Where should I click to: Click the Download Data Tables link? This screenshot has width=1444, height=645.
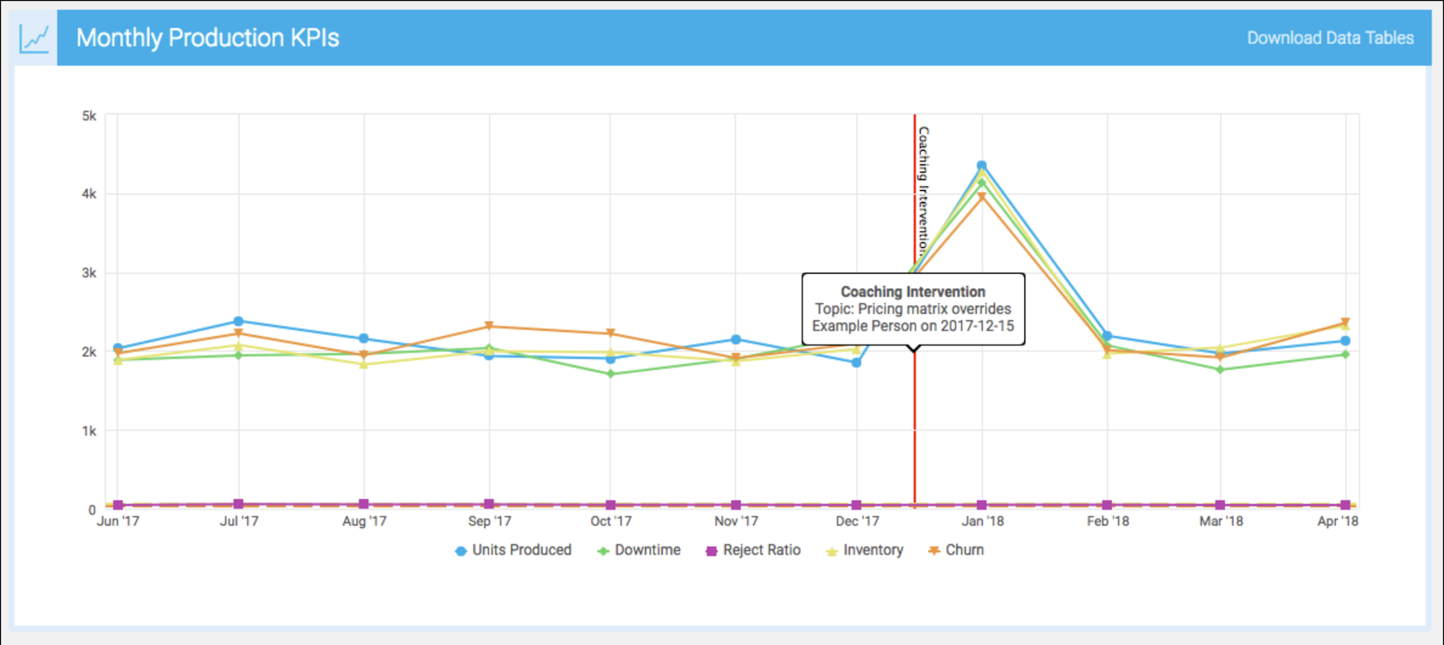click(x=1329, y=38)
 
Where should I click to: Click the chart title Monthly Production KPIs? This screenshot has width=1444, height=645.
click(x=207, y=38)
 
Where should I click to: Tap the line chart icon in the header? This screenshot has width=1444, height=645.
click(x=35, y=38)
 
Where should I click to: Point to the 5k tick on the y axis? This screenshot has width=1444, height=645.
click(x=89, y=116)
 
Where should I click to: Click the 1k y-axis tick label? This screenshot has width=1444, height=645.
click(x=89, y=431)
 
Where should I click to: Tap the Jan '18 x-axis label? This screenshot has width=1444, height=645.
click(x=983, y=521)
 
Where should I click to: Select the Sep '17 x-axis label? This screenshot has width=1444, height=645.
click(x=489, y=521)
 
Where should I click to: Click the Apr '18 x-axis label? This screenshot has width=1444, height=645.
click(x=1337, y=521)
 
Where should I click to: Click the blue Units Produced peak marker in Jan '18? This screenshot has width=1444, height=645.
click(x=981, y=166)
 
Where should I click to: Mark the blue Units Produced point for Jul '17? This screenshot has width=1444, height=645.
click(x=238, y=321)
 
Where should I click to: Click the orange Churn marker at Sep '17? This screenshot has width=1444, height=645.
click(x=489, y=327)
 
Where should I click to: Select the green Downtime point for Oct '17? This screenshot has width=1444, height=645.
click(x=610, y=374)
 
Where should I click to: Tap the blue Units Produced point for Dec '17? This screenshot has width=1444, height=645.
click(x=857, y=363)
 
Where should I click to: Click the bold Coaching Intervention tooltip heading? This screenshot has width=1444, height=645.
click(x=913, y=292)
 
